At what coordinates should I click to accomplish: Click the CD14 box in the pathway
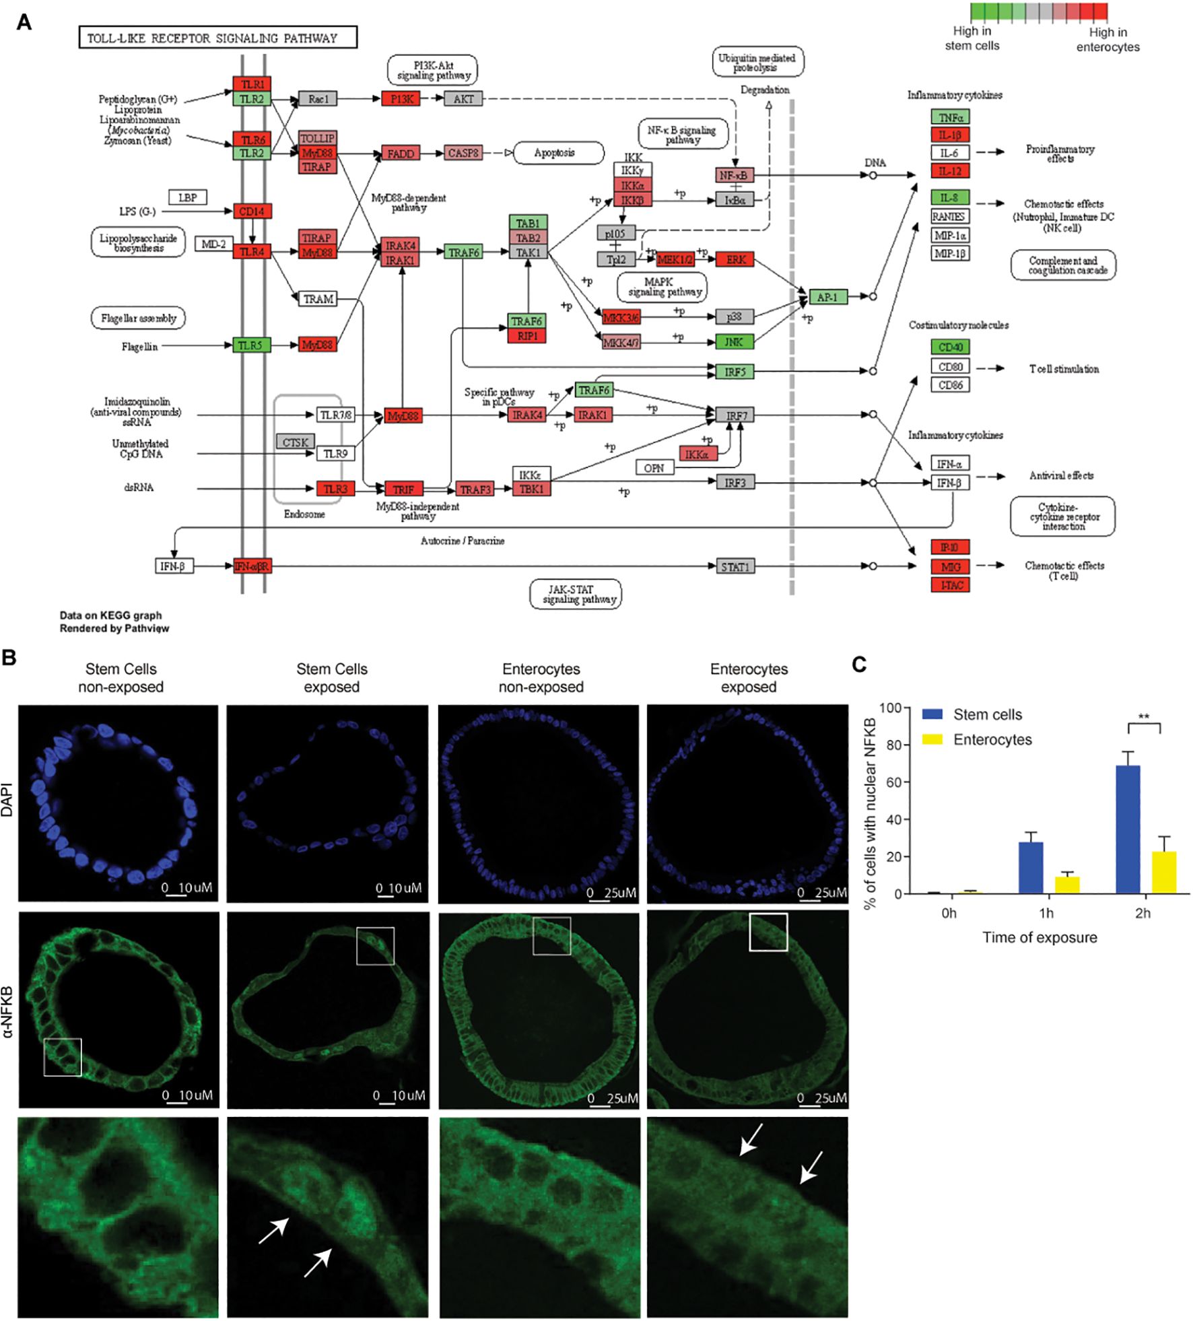(x=252, y=211)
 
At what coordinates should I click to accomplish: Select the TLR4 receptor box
(x=252, y=252)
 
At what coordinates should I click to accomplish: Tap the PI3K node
(x=401, y=99)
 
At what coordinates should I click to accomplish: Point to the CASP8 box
(x=463, y=154)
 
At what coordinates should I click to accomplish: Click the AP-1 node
(x=827, y=297)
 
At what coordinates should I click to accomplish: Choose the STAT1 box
(x=735, y=567)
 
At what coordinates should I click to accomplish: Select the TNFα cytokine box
(x=950, y=117)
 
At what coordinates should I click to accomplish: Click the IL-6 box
(x=950, y=153)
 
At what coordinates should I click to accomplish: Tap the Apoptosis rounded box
(x=555, y=153)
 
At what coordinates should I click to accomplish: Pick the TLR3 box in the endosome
(x=335, y=489)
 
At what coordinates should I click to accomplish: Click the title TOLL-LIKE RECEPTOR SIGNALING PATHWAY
(x=217, y=38)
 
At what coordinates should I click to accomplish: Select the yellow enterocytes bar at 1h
(x=1067, y=885)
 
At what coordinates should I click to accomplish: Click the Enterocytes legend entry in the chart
(x=992, y=739)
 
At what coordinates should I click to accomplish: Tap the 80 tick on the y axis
(x=893, y=745)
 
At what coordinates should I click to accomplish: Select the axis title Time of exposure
(x=1039, y=937)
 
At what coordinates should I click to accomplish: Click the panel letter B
(x=9, y=657)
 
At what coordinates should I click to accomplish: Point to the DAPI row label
(x=7, y=799)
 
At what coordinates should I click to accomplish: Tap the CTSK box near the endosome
(x=295, y=442)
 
